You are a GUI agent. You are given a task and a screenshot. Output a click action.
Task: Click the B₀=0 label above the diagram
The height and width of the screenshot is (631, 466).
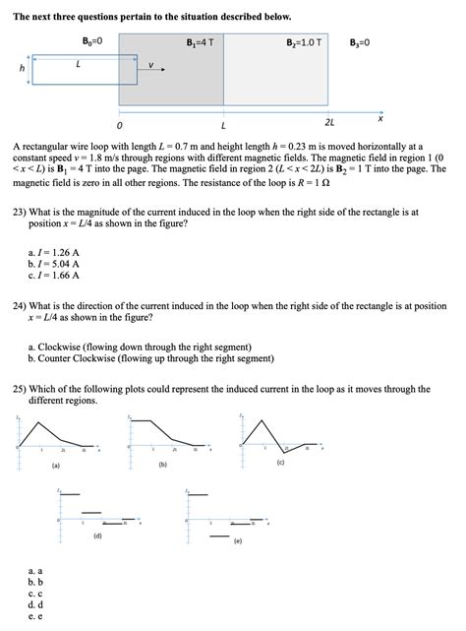tap(94, 41)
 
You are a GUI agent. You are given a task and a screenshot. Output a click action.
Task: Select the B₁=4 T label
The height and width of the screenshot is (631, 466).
tap(200, 42)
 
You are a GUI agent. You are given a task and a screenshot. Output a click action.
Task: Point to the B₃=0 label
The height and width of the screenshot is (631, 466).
tap(360, 42)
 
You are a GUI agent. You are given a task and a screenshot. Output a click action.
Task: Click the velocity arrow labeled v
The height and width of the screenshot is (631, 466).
tap(147, 71)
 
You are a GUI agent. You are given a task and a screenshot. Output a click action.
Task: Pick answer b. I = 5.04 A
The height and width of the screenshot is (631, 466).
tap(54, 264)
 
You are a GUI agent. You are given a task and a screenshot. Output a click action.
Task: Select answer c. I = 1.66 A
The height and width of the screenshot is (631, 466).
tap(54, 275)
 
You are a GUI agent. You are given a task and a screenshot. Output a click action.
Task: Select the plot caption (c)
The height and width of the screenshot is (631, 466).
tap(281, 463)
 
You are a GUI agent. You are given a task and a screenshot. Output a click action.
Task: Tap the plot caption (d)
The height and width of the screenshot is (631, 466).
tap(97, 536)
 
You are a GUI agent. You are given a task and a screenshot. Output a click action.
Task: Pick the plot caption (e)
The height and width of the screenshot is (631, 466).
tap(237, 541)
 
